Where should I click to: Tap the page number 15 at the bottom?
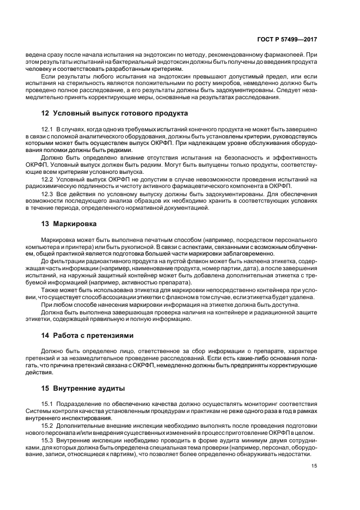315,466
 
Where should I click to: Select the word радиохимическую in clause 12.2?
47,187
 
